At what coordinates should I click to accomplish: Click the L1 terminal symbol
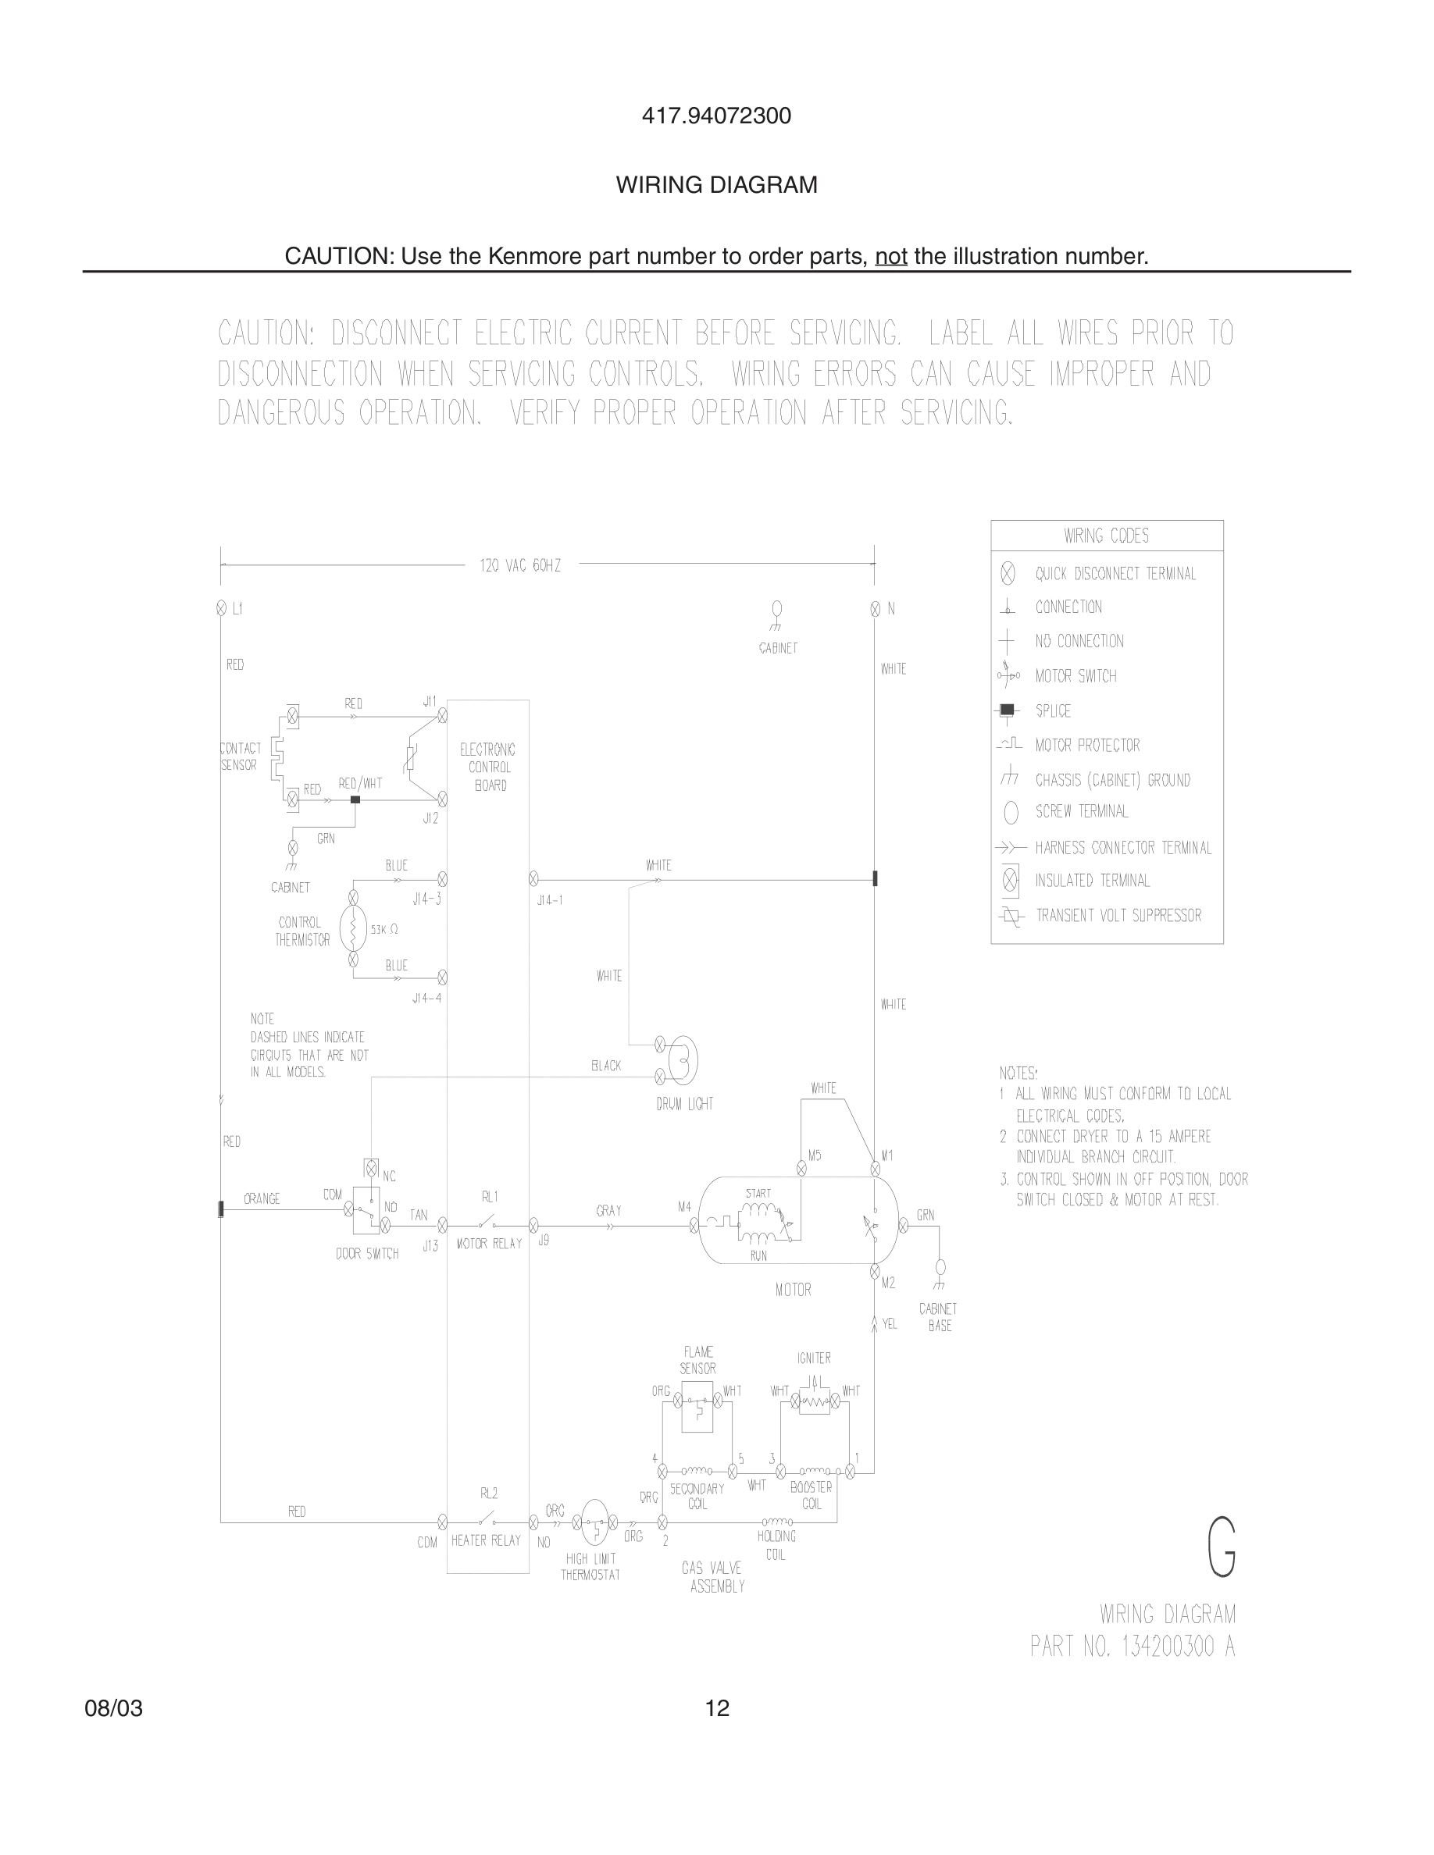click(x=221, y=608)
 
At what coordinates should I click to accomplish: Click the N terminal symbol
click(x=875, y=609)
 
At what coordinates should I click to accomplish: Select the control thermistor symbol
click(x=353, y=928)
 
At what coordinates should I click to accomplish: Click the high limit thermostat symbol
click(x=594, y=1522)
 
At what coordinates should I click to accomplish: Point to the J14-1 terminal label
click(x=550, y=900)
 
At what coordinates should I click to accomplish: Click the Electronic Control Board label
click(x=488, y=767)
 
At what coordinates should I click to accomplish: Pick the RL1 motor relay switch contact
click(x=487, y=1224)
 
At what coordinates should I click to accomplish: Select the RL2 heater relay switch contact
click(x=487, y=1521)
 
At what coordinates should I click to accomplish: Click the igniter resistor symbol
click(x=815, y=1401)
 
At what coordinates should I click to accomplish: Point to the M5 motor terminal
click(x=801, y=1169)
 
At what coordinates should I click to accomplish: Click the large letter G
click(x=1221, y=1547)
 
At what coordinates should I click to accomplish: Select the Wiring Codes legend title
click(x=1106, y=536)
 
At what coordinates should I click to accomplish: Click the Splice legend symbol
click(x=1008, y=710)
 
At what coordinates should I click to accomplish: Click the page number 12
click(x=717, y=1708)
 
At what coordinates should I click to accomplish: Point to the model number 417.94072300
click(x=716, y=116)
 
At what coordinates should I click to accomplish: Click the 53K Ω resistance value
click(x=384, y=930)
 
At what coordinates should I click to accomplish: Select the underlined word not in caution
click(x=890, y=255)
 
